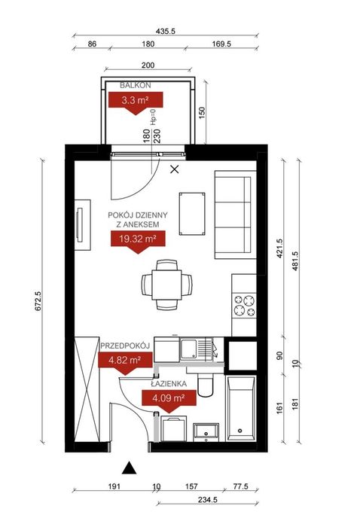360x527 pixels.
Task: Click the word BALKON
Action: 136,85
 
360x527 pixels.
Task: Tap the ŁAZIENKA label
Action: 169,384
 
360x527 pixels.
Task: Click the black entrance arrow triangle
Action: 129,468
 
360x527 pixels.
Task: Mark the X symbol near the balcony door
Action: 175,169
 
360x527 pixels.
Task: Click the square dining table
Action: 166,285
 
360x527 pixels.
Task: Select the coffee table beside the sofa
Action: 192,214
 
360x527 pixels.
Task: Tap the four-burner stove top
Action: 244,306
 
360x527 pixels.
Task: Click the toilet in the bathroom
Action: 205,385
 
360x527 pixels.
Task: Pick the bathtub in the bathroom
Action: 241,409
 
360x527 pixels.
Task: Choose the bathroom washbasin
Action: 206,432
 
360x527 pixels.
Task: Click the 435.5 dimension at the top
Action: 166,32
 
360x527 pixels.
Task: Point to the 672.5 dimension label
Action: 38,301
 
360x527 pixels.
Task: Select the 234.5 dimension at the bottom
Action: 207,500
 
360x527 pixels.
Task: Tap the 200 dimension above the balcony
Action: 148,65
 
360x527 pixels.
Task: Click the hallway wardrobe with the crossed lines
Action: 87,389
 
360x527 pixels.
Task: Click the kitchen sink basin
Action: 189,349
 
